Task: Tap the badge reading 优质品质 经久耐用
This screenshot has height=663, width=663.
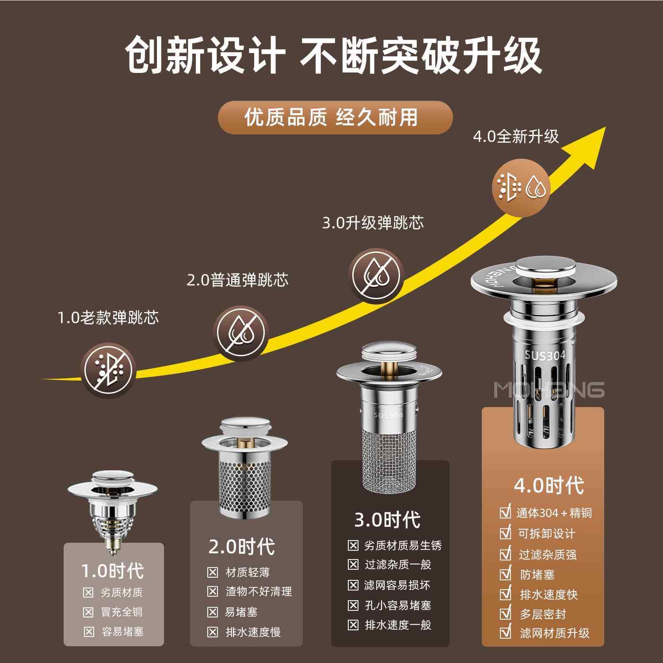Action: coord(335,118)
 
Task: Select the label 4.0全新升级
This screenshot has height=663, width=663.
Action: coord(516,137)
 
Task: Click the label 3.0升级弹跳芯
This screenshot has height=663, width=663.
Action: coord(373,223)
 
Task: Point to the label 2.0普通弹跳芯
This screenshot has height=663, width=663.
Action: coord(237,280)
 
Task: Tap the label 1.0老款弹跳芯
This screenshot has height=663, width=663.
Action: coord(108,318)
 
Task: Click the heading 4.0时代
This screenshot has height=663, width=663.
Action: coord(548,486)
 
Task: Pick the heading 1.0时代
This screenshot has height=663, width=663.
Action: coord(113,571)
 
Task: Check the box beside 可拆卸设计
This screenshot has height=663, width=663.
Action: coord(505,533)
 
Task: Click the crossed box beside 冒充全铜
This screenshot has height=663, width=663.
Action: coord(88,612)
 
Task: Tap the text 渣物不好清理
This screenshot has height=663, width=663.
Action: coord(259,592)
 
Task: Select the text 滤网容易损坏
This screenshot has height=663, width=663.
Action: coord(397,585)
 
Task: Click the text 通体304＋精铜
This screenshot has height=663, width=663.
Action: coord(554,513)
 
